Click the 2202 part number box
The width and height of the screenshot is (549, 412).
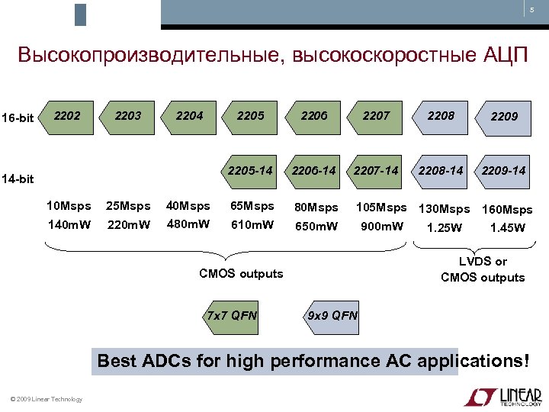(67, 116)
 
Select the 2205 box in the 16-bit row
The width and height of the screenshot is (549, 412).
(250, 116)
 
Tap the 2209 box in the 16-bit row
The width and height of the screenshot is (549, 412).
(504, 117)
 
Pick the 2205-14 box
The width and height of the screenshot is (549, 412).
(250, 170)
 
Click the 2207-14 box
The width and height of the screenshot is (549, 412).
(376, 170)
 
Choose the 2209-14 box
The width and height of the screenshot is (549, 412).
(504, 170)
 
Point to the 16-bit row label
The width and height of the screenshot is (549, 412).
(18, 117)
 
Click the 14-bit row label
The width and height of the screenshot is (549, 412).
(18, 179)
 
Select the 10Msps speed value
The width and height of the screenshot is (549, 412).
(69, 206)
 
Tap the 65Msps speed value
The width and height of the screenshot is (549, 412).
(252, 206)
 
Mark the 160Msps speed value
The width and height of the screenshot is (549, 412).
(507, 209)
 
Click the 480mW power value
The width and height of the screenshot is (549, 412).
(188, 224)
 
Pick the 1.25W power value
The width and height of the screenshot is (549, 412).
(444, 227)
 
